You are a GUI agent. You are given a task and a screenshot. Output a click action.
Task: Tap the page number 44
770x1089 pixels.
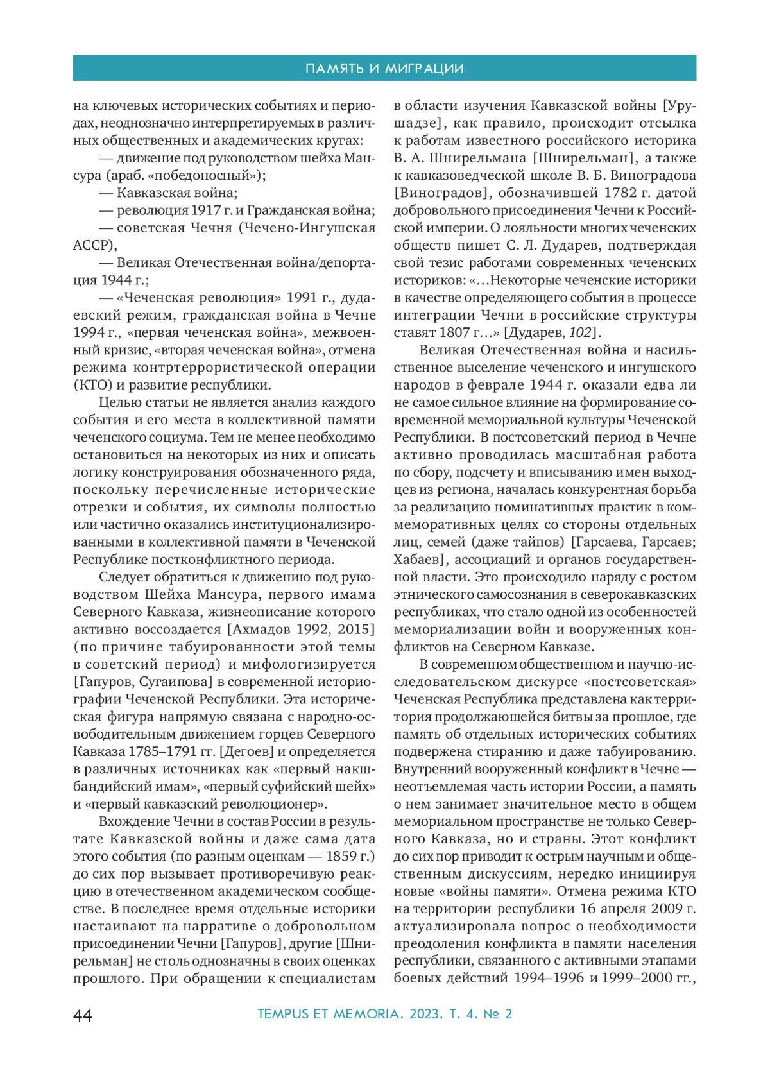(83, 1015)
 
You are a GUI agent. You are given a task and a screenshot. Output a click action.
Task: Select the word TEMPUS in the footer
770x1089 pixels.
(282, 1015)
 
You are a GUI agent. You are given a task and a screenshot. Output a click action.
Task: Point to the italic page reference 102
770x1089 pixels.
(580, 332)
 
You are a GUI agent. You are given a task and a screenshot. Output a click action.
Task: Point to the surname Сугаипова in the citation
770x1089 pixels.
(176, 682)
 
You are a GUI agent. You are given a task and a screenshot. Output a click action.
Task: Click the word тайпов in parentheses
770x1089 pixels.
(536, 542)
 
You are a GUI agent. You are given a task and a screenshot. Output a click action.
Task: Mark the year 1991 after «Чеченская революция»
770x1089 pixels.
(303, 298)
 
